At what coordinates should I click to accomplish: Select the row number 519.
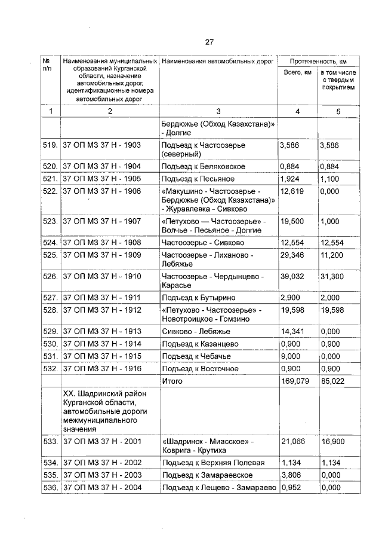[x=50, y=145]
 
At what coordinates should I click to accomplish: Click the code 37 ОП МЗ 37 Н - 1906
[x=101, y=191]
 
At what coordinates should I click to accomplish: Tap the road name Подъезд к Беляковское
[x=204, y=166]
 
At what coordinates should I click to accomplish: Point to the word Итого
[x=172, y=381]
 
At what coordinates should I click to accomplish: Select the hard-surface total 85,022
[x=332, y=381]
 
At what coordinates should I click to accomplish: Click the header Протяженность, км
[x=318, y=62]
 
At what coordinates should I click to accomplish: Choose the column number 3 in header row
[x=218, y=111]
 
